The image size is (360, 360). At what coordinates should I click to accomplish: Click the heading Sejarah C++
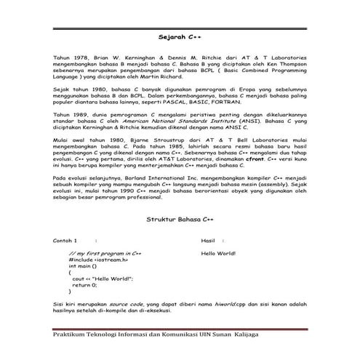click(x=180, y=34)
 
